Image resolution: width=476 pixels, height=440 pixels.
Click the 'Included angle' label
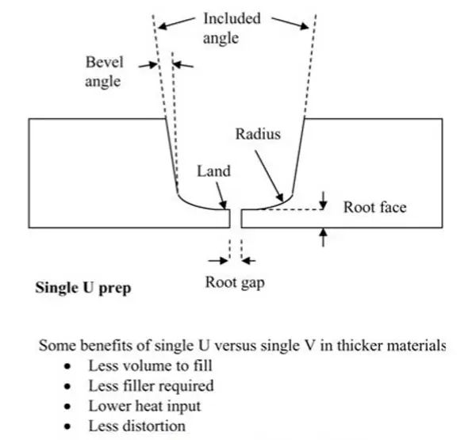pos(232,29)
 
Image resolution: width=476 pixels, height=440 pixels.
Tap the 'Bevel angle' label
pos(104,71)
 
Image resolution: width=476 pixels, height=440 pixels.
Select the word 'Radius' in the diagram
pos(258,134)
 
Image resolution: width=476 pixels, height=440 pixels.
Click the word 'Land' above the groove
pos(213,170)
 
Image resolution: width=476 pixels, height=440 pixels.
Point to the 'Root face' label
pos(375,207)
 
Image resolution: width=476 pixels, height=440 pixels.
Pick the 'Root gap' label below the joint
pos(235,283)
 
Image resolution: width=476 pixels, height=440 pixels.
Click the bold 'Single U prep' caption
pos(83,288)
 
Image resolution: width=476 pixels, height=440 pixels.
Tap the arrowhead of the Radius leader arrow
pos(281,198)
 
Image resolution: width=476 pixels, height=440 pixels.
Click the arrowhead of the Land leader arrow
pos(224,205)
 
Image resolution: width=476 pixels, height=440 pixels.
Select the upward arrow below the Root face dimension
pos(324,238)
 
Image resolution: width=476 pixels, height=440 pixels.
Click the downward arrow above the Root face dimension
pos(324,201)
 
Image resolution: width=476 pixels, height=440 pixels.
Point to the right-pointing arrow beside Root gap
pos(218,260)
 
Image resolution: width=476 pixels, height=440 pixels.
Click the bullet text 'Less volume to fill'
pos(150,365)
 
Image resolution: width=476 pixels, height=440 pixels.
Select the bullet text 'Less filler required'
pos(152,386)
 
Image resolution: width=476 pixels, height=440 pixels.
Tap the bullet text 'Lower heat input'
pos(144,407)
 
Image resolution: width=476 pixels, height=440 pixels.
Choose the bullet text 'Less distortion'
pos(137,426)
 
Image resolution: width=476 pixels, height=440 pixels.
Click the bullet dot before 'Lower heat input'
pos(67,407)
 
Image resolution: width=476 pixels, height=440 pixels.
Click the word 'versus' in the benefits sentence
pos(236,346)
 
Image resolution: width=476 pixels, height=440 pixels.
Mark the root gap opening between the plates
pos(236,218)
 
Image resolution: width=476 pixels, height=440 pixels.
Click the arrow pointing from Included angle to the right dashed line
pos(290,23)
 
